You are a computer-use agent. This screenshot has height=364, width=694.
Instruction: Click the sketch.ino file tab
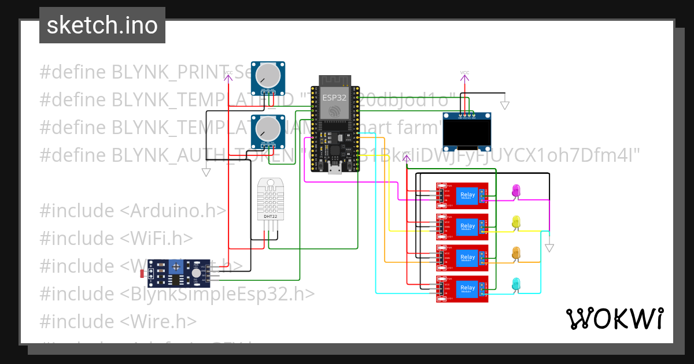[x=102, y=26]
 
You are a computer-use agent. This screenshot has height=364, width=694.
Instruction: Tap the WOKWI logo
[x=614, y=318]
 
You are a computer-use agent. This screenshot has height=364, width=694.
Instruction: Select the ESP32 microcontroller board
[x=336, y=124]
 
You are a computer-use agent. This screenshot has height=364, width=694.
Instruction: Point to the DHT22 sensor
[x=271, y=199]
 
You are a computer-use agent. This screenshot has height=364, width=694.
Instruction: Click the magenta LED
[x=516, y=191]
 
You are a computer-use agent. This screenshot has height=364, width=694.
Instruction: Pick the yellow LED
[x=516, y=222]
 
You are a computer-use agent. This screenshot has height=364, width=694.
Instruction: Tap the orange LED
[x=516, y=253]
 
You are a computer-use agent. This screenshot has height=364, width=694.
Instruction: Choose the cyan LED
[x=516, y=284]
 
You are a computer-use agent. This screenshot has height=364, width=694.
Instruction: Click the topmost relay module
[x=462, y=196]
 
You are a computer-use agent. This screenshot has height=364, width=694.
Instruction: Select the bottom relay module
[x=462, y=289]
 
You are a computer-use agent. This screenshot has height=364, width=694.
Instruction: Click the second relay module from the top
[x=462, y=227]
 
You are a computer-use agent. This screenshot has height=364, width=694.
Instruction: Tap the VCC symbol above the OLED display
[x=465, y=74]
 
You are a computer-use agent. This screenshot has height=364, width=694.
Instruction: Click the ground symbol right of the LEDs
[x=549, y=248]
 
